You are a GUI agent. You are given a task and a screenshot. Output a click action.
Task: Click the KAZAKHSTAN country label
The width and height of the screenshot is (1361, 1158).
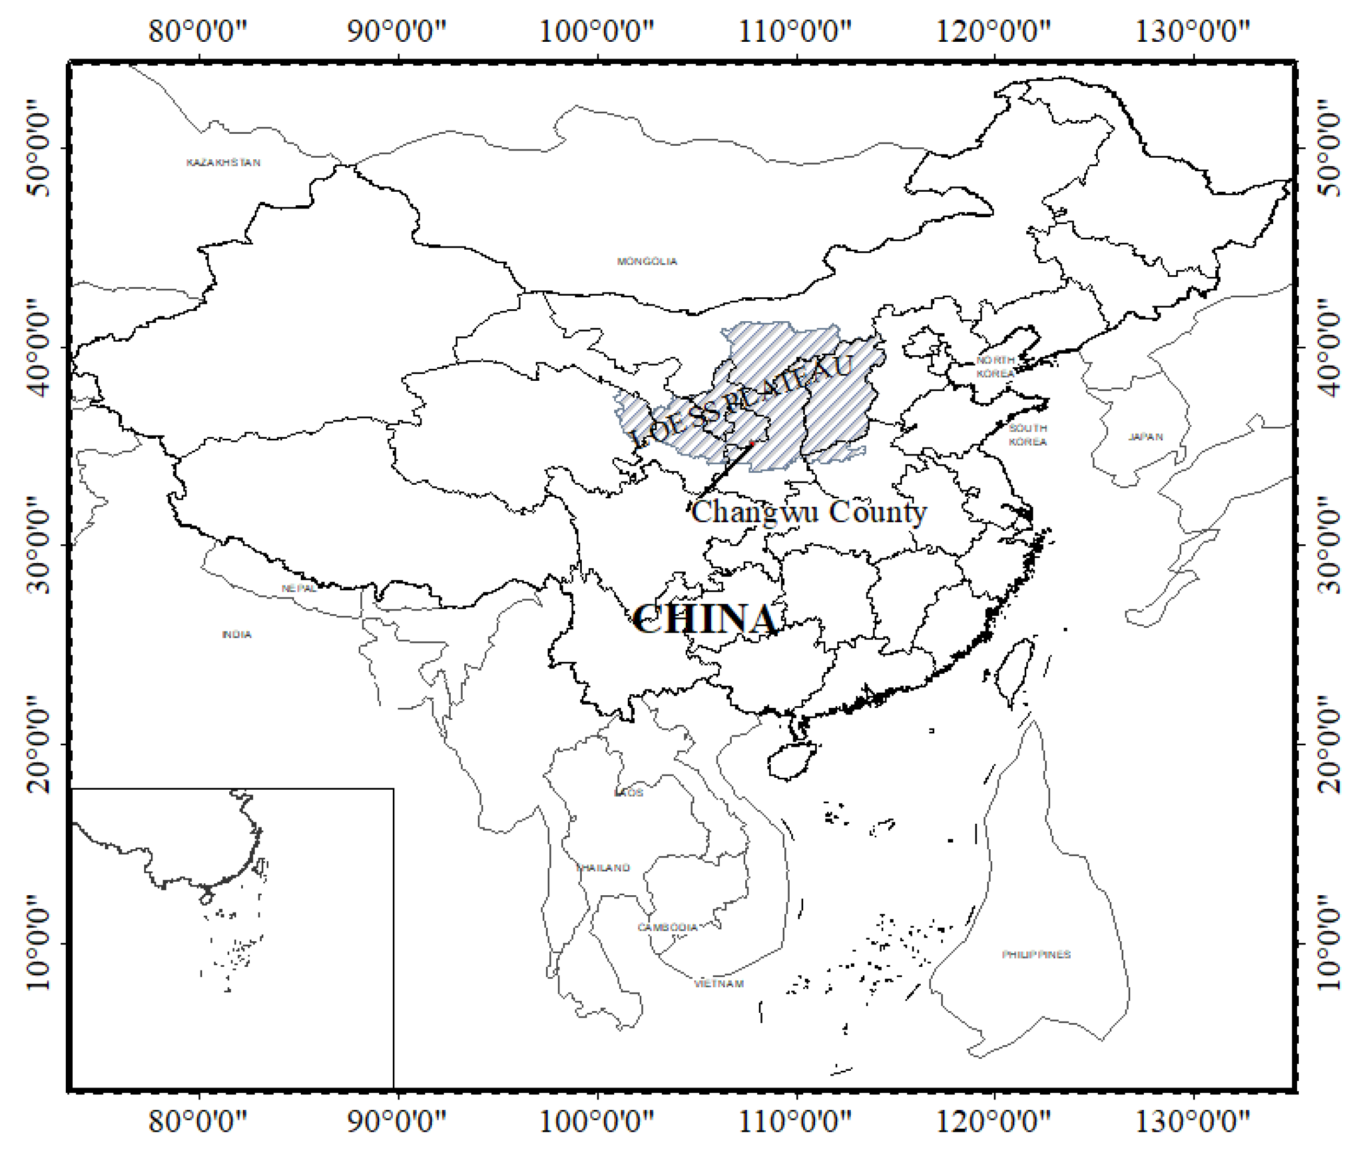click(x=223, y=162)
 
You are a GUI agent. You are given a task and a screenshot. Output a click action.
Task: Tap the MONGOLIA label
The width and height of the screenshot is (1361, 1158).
click(x=647, y=261)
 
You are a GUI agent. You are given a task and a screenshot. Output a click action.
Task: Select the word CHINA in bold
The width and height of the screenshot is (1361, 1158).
click(x=705, y=619)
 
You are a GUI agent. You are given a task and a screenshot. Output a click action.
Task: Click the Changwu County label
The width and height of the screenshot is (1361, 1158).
click(x=808, y=512)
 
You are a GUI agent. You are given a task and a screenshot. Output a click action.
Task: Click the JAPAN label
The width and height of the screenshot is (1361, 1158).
click(x=1145, y=437)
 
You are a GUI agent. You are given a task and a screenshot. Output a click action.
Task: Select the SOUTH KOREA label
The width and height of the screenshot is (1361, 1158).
click(x=1028, y=435)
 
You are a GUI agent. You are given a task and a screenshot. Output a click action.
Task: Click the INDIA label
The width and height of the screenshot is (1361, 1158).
click(x=236, y=634)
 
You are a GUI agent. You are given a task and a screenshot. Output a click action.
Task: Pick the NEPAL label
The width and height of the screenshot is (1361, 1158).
click(x=299, y=588)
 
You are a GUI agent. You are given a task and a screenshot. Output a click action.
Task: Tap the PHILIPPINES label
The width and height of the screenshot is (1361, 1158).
click(x=1036, y=954)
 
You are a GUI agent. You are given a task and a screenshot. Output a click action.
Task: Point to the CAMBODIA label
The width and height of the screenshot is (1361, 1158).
click(x=667, y=928)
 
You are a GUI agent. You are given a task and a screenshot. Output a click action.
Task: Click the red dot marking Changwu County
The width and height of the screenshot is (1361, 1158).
click(x=753, y=445)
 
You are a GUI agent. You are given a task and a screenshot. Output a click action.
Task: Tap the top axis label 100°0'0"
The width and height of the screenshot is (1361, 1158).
click(x=596, y=31)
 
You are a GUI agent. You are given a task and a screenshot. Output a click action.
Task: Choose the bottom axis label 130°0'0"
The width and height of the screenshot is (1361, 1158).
click(x=1192, y=1121)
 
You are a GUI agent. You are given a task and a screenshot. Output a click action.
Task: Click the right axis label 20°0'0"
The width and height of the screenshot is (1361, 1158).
click(x=1328, y=744)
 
